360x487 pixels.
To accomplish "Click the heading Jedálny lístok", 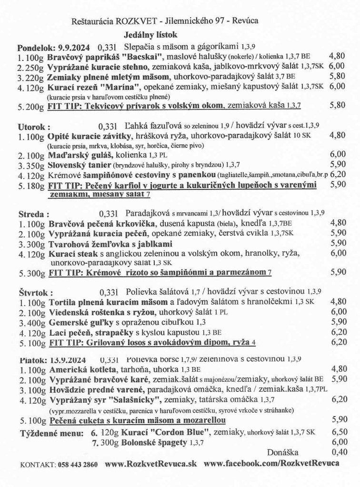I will pyautogui.click(x=150, y=35).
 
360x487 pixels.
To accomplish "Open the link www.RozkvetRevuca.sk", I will pyautogui.click(x=151, y=464).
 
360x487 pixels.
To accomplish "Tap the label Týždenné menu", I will pyautogui.click(x=52, y=433).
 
